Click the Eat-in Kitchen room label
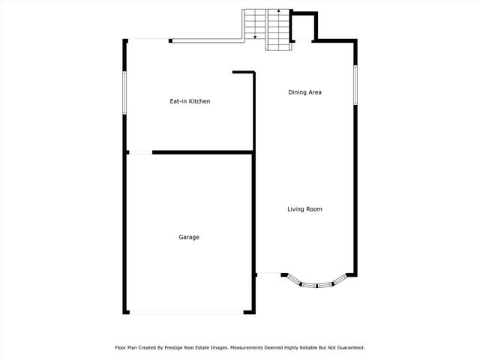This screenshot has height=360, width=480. click(189, 100)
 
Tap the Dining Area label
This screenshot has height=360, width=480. click(305, 92)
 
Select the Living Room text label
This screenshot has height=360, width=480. click(304, 209)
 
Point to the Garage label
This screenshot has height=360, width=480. click(189, 237)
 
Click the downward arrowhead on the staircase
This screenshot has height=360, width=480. click(256, 37)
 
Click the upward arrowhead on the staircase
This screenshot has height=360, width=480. click(278, 12)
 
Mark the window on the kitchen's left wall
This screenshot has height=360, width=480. click(124, 93)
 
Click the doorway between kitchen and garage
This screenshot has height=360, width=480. click(139, 153)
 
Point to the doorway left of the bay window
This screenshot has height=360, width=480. click(268, 274)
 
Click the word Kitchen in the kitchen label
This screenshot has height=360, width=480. click(199, 100)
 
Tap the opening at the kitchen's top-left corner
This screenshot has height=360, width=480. click(148, 40)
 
